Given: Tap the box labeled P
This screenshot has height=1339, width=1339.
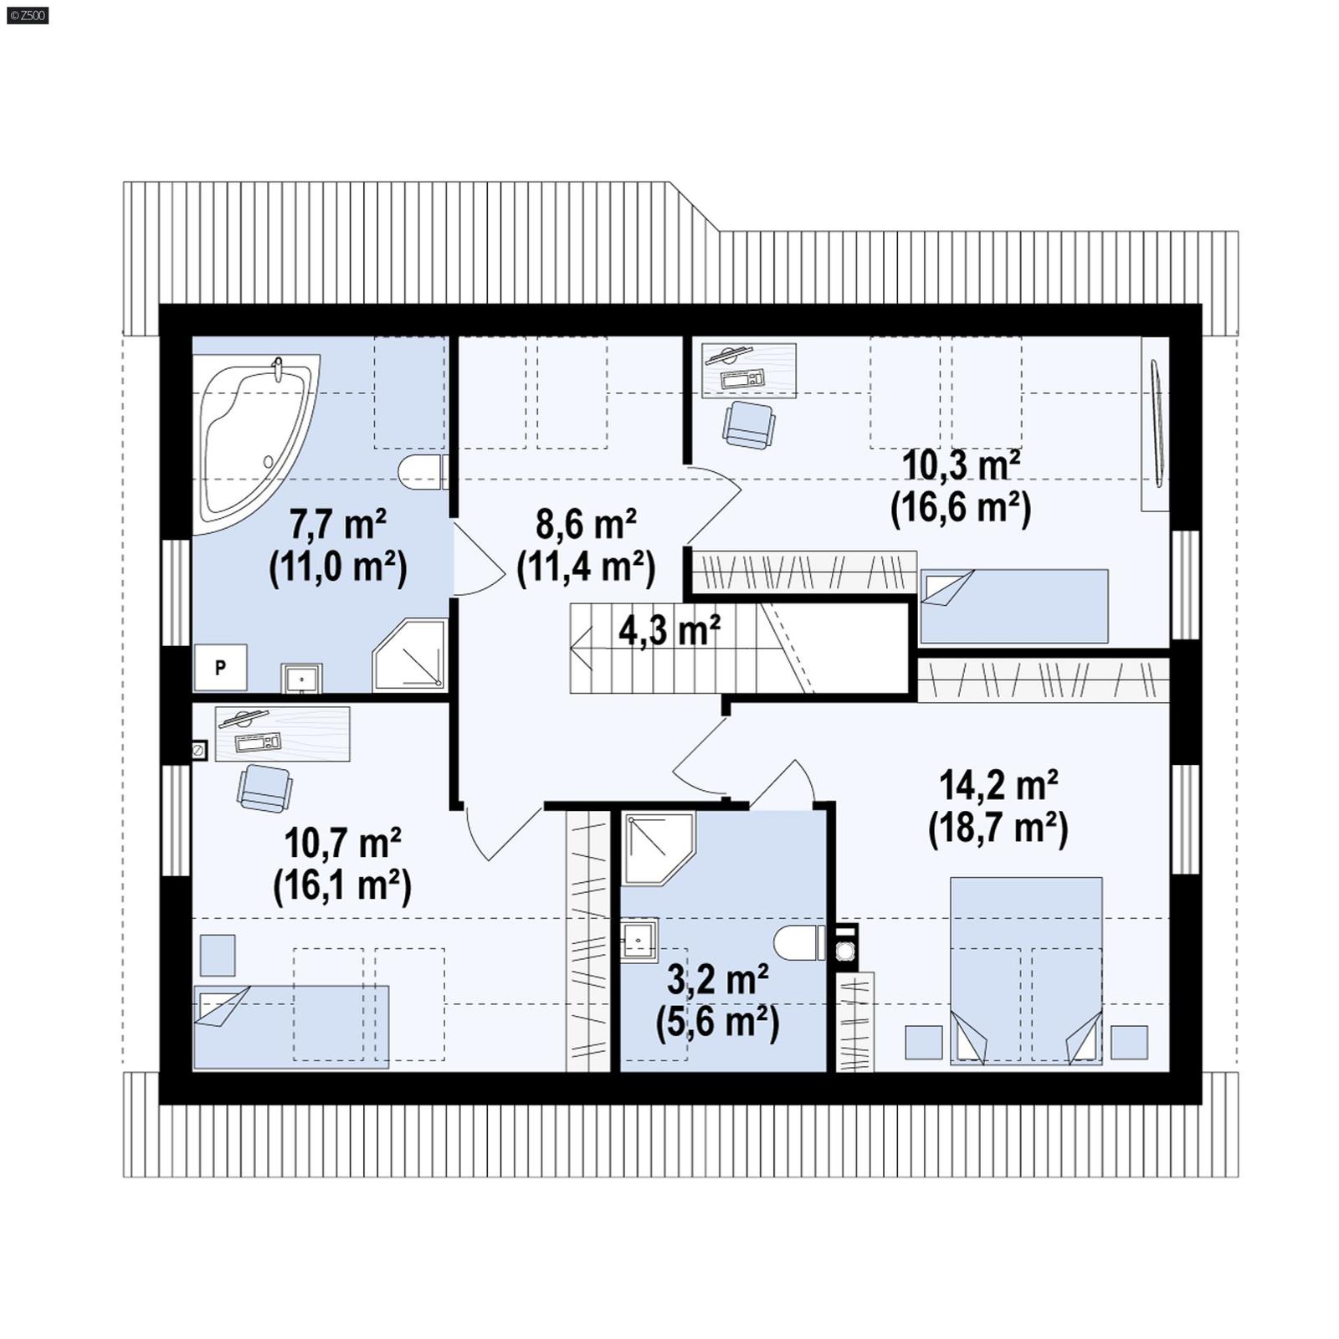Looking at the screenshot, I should point(220,667).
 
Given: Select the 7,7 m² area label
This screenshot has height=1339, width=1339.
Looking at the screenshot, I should point(338,525).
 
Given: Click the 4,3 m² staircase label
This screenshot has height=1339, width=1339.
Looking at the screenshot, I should point(669,629).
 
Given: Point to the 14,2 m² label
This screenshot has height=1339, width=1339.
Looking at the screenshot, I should point(998,785).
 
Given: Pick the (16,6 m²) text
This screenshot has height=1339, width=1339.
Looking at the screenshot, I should point(960,507).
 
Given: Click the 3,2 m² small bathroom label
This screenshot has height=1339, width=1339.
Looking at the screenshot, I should point(718,979).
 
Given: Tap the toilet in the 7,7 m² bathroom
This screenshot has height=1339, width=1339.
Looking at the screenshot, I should point(421,473).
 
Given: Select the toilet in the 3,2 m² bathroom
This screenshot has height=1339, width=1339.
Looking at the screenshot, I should point(799,943).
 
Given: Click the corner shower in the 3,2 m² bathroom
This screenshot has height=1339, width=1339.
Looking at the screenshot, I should point(657,847).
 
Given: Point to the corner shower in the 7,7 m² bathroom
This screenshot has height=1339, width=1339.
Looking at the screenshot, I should point(410,655).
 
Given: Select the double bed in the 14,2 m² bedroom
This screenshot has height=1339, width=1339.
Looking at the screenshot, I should point(1026,971).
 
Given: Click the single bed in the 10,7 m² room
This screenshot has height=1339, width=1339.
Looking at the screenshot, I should point(291,1027).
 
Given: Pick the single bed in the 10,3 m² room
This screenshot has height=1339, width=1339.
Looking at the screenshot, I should point(1014,606).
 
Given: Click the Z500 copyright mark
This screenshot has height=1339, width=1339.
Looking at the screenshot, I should point(28,15).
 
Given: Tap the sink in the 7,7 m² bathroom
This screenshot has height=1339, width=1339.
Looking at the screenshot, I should point(300,678).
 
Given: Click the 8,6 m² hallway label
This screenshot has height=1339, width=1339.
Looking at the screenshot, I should point(586,525).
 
